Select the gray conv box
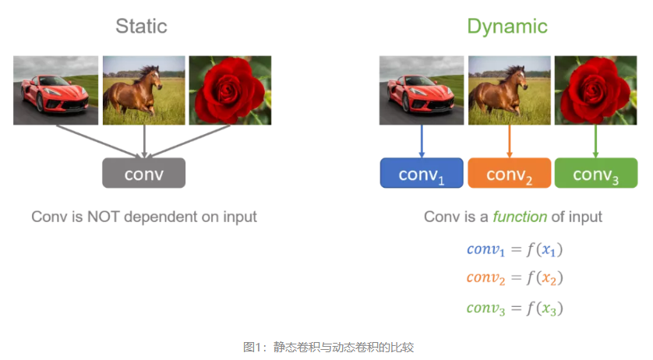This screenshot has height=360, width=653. pyautogui.click(x=143, y=173)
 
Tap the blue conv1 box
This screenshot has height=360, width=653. pyautogui.click(x=421, y=174)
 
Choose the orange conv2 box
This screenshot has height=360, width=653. pyautogui.click(x=509, y=174)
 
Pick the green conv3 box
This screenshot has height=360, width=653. pyautogui.click(x=595, y=174)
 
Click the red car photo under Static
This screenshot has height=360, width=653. pyautogui.click(x=55, y=90)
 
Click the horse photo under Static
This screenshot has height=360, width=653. pyautogui.click(x=143, y=90)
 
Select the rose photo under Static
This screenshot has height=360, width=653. pyautogui.click(x=230, y=90)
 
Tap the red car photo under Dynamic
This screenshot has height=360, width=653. pyautogui.click(x=421, y=90)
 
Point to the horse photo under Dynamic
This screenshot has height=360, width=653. pyautogui.click(x=509, y=90)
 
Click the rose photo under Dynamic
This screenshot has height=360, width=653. pyautogui.click(x=595, y=90)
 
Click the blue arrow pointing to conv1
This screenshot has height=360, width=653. pyautogui.click(x=421, y=141)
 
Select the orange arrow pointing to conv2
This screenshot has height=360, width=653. pyautogui.click(x=509, y=141)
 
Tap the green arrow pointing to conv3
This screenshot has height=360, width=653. pyautogui.click(x=595, y=141)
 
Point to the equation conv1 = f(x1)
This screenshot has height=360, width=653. pyautogui.click(x=514, y=250)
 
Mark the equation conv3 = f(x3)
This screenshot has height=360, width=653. pyautogui.click(x=514, y=309)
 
